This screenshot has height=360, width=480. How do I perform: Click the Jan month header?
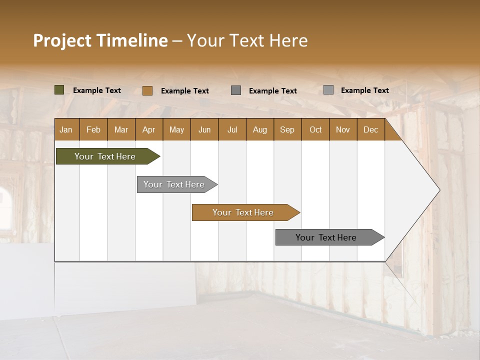66,129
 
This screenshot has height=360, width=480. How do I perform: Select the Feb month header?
93,129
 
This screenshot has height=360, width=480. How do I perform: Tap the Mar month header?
121,129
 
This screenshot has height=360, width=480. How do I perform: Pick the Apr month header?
149,129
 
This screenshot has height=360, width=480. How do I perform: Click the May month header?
176,129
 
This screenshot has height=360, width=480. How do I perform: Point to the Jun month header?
204,129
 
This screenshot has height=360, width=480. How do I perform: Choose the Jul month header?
232,129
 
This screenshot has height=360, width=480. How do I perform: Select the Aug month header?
260,129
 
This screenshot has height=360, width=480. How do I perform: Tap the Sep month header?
287,129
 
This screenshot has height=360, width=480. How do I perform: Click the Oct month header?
315,129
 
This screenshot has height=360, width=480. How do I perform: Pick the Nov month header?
343,129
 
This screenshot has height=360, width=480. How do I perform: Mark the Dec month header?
370,129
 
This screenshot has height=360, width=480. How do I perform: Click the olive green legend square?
59,90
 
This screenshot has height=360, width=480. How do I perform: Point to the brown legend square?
147,90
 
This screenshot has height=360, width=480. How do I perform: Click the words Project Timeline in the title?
100,40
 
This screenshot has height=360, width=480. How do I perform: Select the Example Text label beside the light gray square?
364,90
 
